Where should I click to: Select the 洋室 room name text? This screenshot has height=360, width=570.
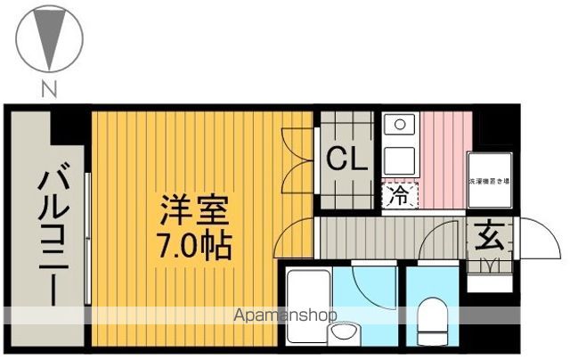(x=195, y=211)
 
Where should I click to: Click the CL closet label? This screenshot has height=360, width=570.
(x=345, y=160)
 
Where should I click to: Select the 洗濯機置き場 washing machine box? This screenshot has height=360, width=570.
(x=488, y=182)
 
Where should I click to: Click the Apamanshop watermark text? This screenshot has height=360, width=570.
(x=283, y=315)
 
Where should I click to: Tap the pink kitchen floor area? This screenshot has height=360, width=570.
(x=441, y=156)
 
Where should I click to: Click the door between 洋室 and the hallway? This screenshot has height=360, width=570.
(x=292, y=239)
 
